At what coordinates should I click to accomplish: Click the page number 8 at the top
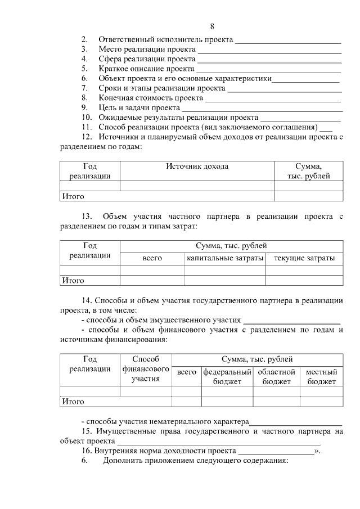click(212, 26)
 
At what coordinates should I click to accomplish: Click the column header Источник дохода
click(197, 166)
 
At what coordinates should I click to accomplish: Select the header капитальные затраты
click(225, 258)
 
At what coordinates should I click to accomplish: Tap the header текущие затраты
click(304, 258)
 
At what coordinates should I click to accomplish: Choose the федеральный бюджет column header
click(227, 377)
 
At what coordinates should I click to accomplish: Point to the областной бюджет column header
click(276, 377)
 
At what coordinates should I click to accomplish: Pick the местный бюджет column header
click(321, 377)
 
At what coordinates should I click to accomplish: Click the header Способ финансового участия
click(146, 369)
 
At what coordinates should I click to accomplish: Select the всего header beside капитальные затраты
click(152, 258)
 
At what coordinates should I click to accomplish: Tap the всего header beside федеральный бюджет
click(186, 372)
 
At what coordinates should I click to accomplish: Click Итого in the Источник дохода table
click(73, 196)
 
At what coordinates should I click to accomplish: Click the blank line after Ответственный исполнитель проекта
click(288, 40)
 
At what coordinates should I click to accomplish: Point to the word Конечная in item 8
click(115, 98)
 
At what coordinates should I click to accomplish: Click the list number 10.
click(86, 117)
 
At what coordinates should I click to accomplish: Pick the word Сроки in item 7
click(110, 88)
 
